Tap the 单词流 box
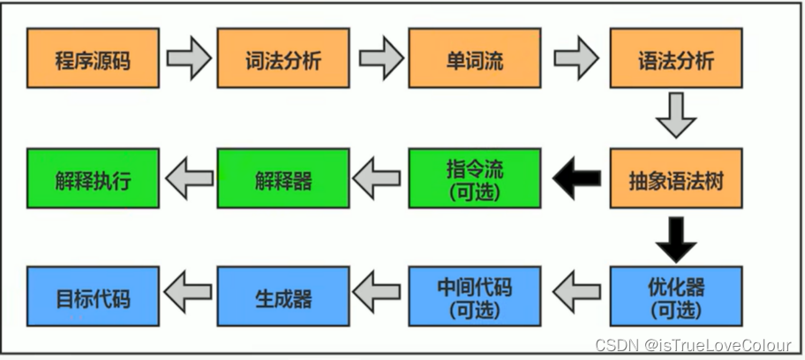pos(474,59)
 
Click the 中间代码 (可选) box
pos(474,297)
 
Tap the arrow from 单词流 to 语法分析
pos(576,59)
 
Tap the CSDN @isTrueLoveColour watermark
pos(693,346)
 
